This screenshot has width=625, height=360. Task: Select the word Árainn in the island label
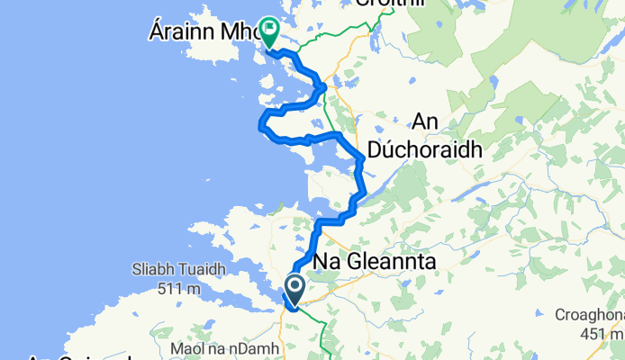click(177, 34)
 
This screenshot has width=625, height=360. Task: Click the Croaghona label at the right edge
click(594, 315)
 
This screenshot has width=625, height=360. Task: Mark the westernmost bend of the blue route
click(260, 122)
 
